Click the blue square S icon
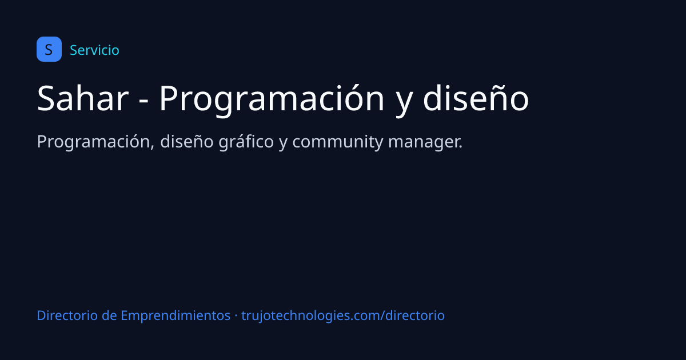coord(49,49)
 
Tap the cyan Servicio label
coord(94,50)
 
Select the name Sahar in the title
coord(83,98)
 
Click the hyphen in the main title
coord(143,100)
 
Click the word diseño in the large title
coord(476,98)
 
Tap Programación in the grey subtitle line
coord(93,142)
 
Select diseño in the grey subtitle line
coord(186,142)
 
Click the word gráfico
coord(246,142)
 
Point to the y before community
coord(283,143)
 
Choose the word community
coord(337,142)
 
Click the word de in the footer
coord(109,315)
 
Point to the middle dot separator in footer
coord(236,315)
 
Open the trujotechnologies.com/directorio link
coord(343,316)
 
